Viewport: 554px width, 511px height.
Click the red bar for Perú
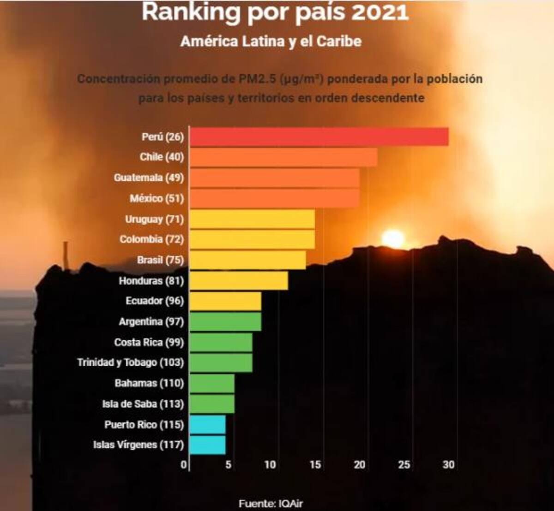click(319, 137)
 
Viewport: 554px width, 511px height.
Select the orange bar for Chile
click(283, 157)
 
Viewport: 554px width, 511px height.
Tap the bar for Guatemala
click(274, 178)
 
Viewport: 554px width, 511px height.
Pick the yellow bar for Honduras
click(239, 280)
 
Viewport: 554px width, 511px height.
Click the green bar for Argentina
click(225, 321)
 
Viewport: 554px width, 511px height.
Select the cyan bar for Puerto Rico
click(207, 424)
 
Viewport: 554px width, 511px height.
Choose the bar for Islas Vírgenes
click(207, 445)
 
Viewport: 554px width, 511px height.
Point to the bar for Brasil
click(247, 260)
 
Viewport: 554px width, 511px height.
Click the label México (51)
click(157, 198)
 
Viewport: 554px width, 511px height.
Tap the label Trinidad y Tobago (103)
click(130, 362)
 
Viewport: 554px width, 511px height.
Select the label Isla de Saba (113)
click(143, 404)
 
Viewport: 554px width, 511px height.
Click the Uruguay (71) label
click(154, 219)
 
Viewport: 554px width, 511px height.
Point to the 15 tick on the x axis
click(315, 464)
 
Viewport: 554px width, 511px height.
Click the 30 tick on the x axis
click(448, 464)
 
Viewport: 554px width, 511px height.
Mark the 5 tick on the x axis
click(228, 464)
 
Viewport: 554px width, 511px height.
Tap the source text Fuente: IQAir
click(271, 503)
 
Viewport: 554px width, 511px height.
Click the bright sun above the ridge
click(393, 238)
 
